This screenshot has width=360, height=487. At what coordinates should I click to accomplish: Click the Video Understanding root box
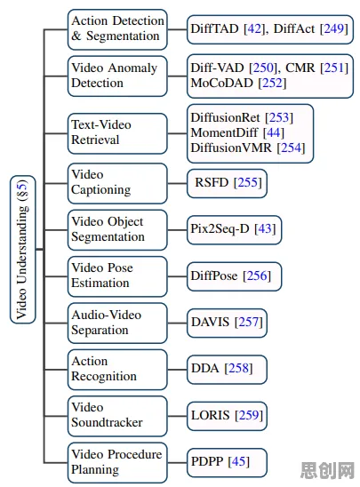click(x=23, y=250)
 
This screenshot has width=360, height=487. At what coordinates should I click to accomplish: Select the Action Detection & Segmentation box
click(x=117, y=29)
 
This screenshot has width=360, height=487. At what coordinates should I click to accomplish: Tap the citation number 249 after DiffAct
click(x=334, y=29)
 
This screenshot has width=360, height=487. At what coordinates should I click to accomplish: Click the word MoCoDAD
click(x=221, y=83)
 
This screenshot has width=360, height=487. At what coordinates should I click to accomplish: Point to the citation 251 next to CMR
click(x=334, y=68)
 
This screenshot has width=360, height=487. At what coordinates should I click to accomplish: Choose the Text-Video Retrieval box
click(x=117, y=133)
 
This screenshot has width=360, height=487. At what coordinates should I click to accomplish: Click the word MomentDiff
click(x=224, y=132)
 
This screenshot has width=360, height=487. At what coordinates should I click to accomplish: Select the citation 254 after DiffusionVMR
click(x=291, y=148)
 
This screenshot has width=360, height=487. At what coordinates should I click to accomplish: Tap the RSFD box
click(x=227, y=183)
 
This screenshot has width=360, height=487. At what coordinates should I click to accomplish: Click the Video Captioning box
click(x=117, y=183)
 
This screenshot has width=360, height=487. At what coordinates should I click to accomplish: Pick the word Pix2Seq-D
click(x=220, y=229)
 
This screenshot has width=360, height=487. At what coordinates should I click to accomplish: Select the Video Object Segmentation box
click(x=117, y=230)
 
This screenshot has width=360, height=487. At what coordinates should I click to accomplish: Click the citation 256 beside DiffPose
click(x=257, y=275)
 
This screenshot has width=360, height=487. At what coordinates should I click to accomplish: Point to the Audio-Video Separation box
click(x=117, y=323)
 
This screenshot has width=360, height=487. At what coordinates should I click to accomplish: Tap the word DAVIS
click(x=211, y=322)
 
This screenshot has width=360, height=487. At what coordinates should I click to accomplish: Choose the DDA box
click(x=227, y=370)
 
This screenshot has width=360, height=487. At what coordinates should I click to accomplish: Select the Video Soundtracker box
click(x=117, y=416)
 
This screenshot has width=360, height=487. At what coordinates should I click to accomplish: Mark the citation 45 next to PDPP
click(x=238, y=461)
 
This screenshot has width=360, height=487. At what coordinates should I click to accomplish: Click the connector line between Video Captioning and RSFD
click(x=177, y=183)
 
